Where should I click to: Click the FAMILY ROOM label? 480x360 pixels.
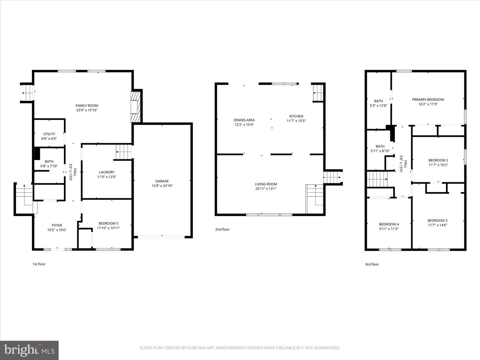coord(87,106)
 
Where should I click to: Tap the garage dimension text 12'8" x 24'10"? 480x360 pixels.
coord(162,186)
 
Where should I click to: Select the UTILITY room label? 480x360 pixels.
coord(49,134)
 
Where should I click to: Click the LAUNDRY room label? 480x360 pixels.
coord(107,172)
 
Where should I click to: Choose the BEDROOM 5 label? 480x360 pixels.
coord(108,223)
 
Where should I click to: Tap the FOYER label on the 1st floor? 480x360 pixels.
coord(57,225)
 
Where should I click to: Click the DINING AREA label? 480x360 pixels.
coord(244,120)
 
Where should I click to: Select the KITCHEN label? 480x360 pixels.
coord(296,116)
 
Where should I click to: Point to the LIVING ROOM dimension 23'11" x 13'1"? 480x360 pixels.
coord(266,189)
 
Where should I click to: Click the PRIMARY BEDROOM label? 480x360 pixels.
coord(428,99)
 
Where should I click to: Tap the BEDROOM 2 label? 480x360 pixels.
coord(438,160)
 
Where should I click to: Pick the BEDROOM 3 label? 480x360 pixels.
coord(437,220)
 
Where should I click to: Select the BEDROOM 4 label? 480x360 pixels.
coord(389,224)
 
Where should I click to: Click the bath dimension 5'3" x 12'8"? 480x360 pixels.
coord(378,106)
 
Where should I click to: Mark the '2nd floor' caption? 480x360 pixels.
coord(222,229)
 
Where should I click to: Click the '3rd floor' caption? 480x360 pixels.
coord(372,264)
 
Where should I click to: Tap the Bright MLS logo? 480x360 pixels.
coord(29,350)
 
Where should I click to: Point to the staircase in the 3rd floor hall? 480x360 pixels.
coord(377,179)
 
